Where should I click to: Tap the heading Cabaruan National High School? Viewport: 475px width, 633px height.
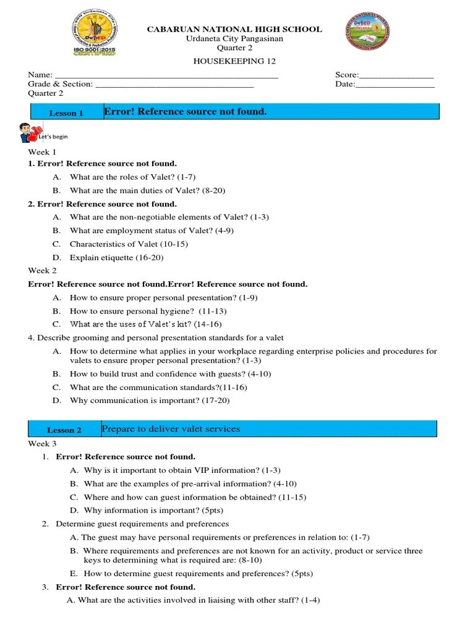click(x=234, y=29)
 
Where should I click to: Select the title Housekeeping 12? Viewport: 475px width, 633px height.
click(x=234, y=61)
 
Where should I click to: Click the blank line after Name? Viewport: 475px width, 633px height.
click(x=167, y=75)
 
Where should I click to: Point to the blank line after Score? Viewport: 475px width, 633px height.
click(x=396, y=75)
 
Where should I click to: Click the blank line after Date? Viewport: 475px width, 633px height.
click(x=395, y=85)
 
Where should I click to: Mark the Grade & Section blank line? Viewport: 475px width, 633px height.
click(x=174, y=85)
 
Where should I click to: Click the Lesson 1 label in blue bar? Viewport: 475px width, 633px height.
click(x=66, y=113)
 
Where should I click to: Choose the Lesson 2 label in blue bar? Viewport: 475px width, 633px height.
click(x=64, y=430)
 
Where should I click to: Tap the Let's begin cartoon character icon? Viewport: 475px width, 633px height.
click(x=26, y=132)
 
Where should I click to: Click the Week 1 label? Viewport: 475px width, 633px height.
click(x=42, y=151)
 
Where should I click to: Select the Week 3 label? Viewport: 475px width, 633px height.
click(x=42, y=444)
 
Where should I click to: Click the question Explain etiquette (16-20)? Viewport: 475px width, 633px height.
click(x=116, y=257)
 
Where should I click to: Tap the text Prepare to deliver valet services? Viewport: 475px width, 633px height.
click(x=171, y=428)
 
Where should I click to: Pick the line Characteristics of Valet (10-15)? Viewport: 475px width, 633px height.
click(x=129, y=244)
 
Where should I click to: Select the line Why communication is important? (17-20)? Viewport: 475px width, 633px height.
click(x=150, y=401)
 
